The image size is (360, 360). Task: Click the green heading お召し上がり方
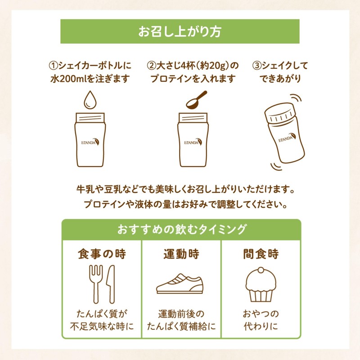click(180, 31)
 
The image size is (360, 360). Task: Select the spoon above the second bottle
click(197, 99)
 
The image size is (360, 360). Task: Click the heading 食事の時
click(101, 254)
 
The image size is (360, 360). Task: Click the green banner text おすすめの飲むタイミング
click(181, 229)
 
